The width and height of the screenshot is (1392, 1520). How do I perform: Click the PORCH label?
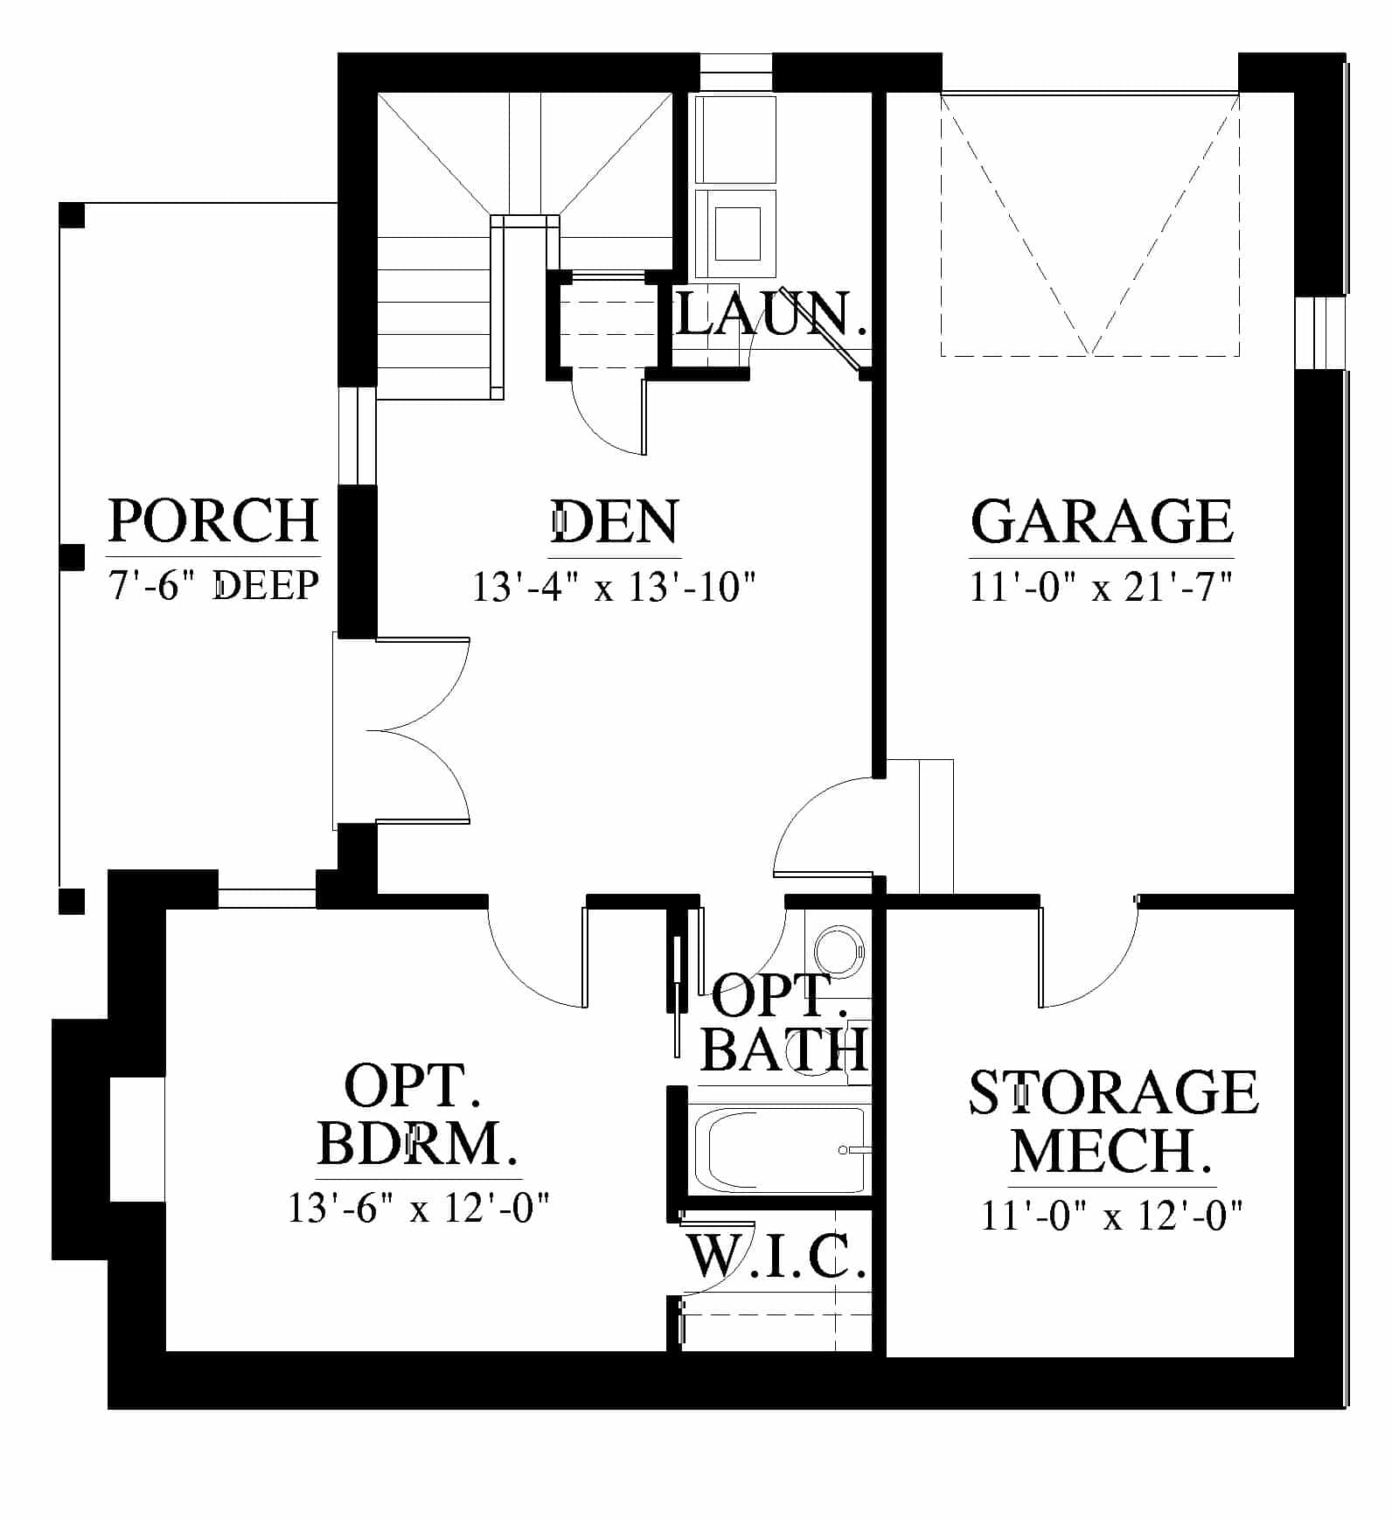[213, 521]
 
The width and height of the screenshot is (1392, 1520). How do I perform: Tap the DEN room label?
[615, 522]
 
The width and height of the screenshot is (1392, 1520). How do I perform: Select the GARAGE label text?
[1102, 522]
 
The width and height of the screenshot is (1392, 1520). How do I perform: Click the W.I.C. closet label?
[776, 1257]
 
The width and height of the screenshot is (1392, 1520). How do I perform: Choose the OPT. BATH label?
[784, 1021]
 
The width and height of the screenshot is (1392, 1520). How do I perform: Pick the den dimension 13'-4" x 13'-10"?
[614, 586]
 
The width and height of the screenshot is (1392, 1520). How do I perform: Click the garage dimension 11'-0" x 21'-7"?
[1102, 586]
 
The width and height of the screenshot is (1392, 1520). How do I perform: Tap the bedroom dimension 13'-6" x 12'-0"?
[419, 1209]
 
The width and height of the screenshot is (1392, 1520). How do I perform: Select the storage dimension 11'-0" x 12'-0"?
[1112, 1216]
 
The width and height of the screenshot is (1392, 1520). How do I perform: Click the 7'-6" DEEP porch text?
[213, 584]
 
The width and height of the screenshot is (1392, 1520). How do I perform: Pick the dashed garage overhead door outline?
[1089, 225]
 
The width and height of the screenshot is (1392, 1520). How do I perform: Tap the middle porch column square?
[72, 557]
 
